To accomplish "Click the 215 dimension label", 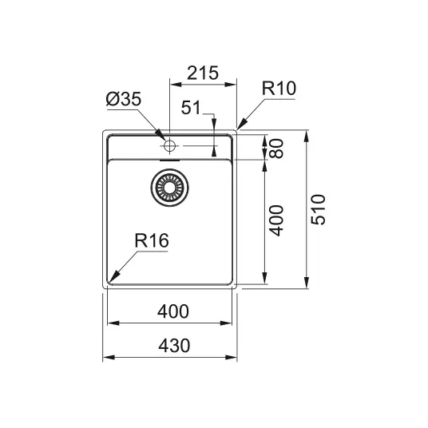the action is (x=203, y=73).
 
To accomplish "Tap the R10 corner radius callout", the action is (x=279, y=88).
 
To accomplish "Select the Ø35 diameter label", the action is (x=124, y=99).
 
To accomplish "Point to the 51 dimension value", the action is (x=191, y=107).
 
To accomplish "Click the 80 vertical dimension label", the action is (x=276, y=149).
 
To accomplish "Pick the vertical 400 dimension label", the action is (x=276, y=220).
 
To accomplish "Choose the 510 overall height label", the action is (x=319, y=210).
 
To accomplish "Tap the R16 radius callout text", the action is (x=152, y=240).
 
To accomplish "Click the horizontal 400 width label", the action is (x=173, y=311).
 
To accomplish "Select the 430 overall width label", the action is (x=174, y=346).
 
